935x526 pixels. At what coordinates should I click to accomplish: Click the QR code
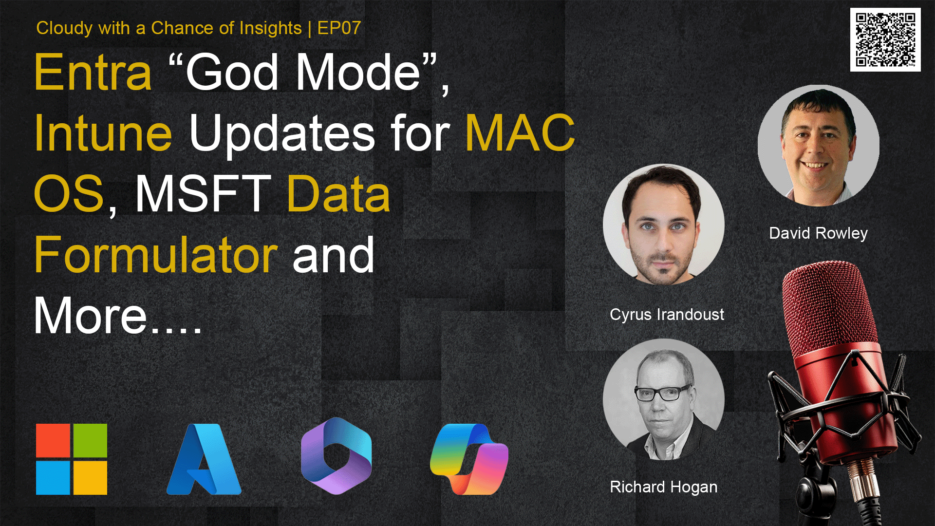(x=885, y=39)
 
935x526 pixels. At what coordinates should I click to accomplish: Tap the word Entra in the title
(x=93, y=73)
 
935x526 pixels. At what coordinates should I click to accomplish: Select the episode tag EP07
(x=339, y=28)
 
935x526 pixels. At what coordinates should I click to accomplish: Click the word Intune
(x=103, y=132)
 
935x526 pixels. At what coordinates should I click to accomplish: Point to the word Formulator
(x=156, y=254)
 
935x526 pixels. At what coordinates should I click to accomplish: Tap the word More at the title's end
(x=91, y=316)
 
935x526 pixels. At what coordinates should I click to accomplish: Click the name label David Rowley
(x=818, y=233)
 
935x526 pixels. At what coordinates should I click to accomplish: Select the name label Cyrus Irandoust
(x=667, y=315)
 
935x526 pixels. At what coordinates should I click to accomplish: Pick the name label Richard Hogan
(x=663, y=487)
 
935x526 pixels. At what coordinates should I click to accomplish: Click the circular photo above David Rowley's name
(x=819, y=145)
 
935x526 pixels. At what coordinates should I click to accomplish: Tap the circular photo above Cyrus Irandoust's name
(x=664, y=224)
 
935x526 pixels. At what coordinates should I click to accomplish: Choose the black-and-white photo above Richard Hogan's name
(x=664, y=399)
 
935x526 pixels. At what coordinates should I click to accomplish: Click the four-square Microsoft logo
(x=72, y=459)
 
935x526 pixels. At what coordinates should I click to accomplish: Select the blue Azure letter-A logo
(x=204, y=459)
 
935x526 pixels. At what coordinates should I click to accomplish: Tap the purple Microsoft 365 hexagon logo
(x=336, y=456)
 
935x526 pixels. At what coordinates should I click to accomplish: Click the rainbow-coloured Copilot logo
(x=469, y=459)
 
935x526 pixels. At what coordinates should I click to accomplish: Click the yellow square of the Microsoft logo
(x=90, y=478)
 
